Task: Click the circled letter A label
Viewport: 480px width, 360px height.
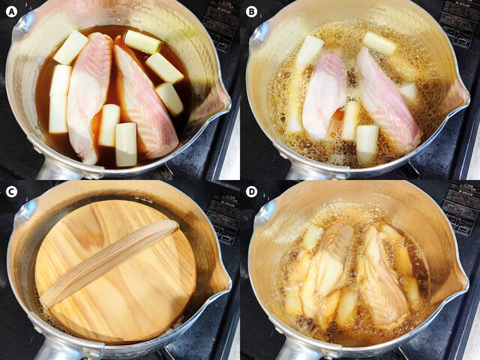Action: pyautogui.click(x=11, y=11)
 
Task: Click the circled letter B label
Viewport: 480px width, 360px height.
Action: pyautogui.click(x=251, y=11)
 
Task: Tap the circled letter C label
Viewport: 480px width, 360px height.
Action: pyautogui.click(x=11, y=191)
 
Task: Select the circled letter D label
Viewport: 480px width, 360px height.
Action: pyautogui.click(x=251, y=191)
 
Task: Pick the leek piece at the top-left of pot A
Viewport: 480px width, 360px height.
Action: pyautogui.click(x=70, y=47)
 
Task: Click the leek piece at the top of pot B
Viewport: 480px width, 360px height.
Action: pyautogui.click(x=379, y=43)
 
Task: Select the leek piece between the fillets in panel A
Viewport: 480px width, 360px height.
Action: pyautogui.click(x=109, y=124)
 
